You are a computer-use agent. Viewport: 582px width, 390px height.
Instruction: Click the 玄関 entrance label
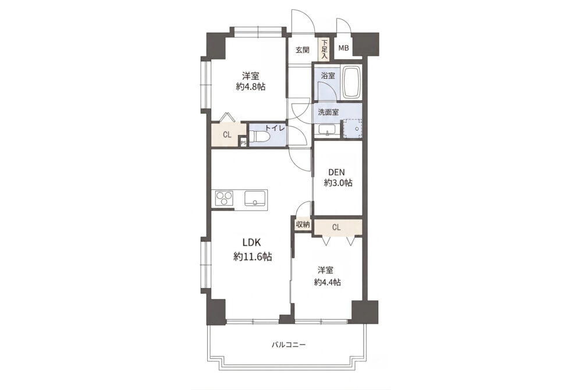pyautogui.click(x=302, y=49)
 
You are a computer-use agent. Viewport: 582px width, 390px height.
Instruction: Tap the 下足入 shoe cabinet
pyautogui.click(x=325, y=49)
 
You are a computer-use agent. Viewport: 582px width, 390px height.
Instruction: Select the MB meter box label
pyautogui.click(x=343, y=48)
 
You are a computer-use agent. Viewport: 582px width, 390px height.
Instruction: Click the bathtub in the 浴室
pyautogui.click(x=352, y=83)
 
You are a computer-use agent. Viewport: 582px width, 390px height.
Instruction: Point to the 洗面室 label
pyautogui.click(x=328, y=112)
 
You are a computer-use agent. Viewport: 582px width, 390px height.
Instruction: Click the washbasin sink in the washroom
pyautogui.click(x=327, y=130)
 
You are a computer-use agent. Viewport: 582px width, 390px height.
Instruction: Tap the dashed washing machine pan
pyautogui.click(x=352, y=129)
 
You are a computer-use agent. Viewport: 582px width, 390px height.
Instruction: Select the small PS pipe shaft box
pyautogui.click(x=243, y=142)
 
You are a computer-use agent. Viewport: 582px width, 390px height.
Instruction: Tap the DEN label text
pyautogui.click(x=337, y=172)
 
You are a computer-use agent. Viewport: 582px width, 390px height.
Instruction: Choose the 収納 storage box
pyautogui.click(x=303, y=225)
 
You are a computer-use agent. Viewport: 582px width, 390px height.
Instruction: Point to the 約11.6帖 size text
pyautogui.click(x=253, y=257)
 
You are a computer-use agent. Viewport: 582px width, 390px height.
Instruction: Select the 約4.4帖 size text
pyautogui.click(x=327, y=282)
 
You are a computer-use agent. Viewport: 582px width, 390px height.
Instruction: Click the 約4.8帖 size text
pyautogui.click(x=250, y=87)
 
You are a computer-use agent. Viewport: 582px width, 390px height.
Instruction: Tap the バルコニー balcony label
pyautogui.click(x=289, y=345)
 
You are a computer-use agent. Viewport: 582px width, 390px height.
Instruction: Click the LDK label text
pyautogui.click(x=252, y=243)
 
